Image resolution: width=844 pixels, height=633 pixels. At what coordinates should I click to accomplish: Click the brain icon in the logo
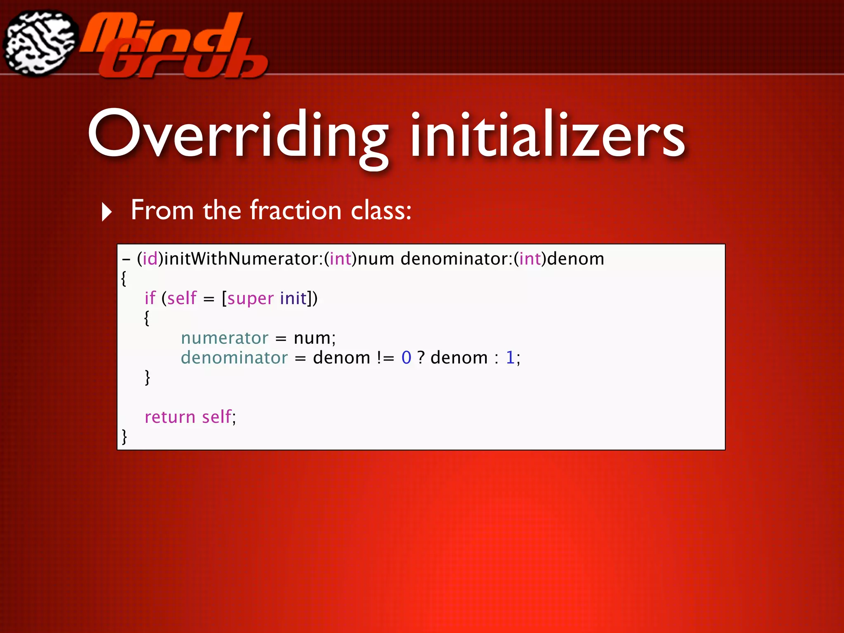click(x=40, y=43)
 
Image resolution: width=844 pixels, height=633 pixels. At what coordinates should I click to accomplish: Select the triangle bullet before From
click(x=107, y=212)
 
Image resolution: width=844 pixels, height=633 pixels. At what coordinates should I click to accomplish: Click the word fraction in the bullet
click(x=296, y=210)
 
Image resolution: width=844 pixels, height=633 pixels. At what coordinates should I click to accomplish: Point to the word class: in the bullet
click(x=381, y=210)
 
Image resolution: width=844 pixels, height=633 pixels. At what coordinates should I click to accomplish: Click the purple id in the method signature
click(x=150, y=259)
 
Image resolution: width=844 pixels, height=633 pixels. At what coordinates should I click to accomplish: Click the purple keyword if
click(x=150, y=298)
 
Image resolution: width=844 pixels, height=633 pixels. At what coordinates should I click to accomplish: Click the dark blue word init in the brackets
click(x=293, y=298)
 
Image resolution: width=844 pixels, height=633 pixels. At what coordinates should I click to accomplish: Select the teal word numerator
click(x=225, y=338)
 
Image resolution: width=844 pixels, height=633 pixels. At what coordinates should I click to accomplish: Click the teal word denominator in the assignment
click(x=234, y=357)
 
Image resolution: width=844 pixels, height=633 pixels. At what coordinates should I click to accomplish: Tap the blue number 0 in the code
click(x=406, y=358)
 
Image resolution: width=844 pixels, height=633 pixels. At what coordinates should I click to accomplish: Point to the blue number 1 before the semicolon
click(x=510, y=358)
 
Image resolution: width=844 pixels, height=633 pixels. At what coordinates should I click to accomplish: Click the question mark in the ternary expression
click(x=421, y=358)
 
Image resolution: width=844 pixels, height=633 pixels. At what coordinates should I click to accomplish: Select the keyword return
click(x=170, y=417)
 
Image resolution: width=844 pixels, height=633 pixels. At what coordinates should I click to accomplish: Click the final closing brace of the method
click(x=124, y=436)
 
